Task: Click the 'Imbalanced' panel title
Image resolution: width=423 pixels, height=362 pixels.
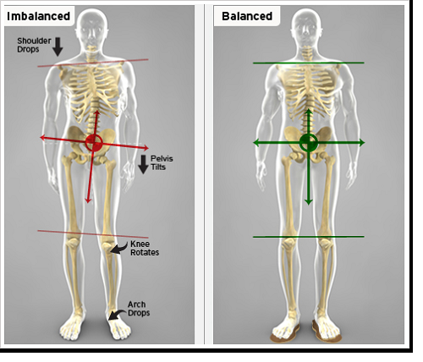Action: [38, 16]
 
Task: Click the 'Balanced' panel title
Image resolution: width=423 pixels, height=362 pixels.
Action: [247, 16]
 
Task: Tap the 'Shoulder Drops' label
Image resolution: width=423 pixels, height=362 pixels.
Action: [34, 45]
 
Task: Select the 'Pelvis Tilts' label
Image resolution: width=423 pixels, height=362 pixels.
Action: [162, 162]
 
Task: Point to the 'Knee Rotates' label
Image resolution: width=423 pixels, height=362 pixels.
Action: [145, 248]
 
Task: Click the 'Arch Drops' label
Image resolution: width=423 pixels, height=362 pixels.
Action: [139, 309]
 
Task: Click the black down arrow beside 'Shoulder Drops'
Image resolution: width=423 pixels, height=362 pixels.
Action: [58, 47]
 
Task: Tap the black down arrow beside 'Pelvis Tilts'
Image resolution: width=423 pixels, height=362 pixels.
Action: [143, 164]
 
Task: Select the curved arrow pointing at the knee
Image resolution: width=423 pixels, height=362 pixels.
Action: [118, 248]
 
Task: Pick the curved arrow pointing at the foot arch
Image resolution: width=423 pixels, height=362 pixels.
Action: [117, 314]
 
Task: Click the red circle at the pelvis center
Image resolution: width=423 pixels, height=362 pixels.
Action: [94, 143]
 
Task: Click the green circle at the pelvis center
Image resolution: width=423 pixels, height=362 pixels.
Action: [309, 143]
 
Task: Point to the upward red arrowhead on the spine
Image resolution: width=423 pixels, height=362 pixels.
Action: [96, 114]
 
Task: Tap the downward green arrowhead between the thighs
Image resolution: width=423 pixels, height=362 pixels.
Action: [309, 201]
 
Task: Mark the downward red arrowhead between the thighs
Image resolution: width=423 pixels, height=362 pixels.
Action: [89, 200]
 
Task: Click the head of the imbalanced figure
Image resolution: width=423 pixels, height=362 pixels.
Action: [92, 30]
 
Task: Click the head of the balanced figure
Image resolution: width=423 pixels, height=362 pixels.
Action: [306, 30]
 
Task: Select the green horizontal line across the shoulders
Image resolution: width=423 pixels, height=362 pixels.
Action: [309, 63]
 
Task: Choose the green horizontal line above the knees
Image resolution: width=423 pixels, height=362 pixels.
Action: [309, 237]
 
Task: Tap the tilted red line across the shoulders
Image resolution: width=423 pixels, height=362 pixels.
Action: [93, 63]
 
